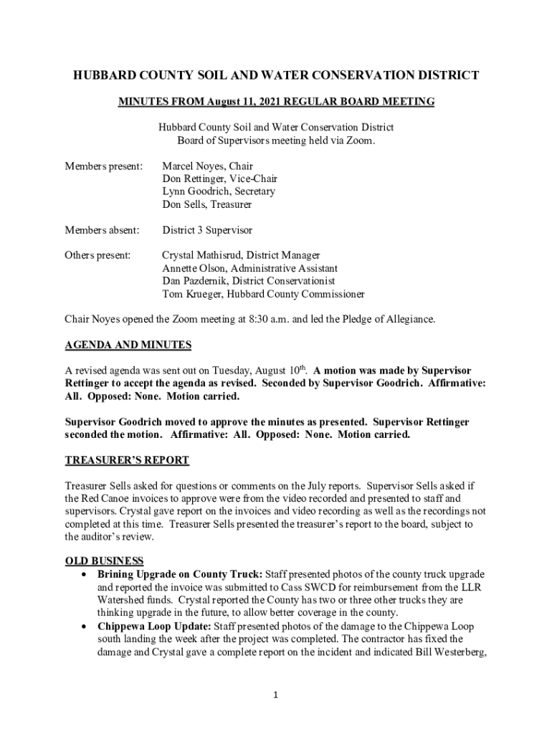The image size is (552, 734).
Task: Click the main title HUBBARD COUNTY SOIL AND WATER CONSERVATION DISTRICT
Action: tap(276, 75)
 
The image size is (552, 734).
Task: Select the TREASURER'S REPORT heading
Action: tap(127, 460)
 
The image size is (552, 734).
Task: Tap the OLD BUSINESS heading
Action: tap(104, 561)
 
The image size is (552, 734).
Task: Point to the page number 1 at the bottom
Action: tap(276, 695)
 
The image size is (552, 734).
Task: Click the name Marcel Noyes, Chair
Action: tap(207, 166)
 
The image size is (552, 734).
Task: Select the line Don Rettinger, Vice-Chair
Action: tap(219, 179)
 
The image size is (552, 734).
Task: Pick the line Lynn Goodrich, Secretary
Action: tap(218, 192)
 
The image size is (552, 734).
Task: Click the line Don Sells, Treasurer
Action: tap(206, 205)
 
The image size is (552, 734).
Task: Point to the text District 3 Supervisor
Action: tap(207, 231)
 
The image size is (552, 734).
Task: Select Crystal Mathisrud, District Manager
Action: tap(241, 255)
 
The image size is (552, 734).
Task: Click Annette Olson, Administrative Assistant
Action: tap(249, 268)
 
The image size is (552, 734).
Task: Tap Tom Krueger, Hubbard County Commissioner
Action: tap(263, 294)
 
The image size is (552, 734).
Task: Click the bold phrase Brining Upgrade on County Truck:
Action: tap(180, 574)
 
